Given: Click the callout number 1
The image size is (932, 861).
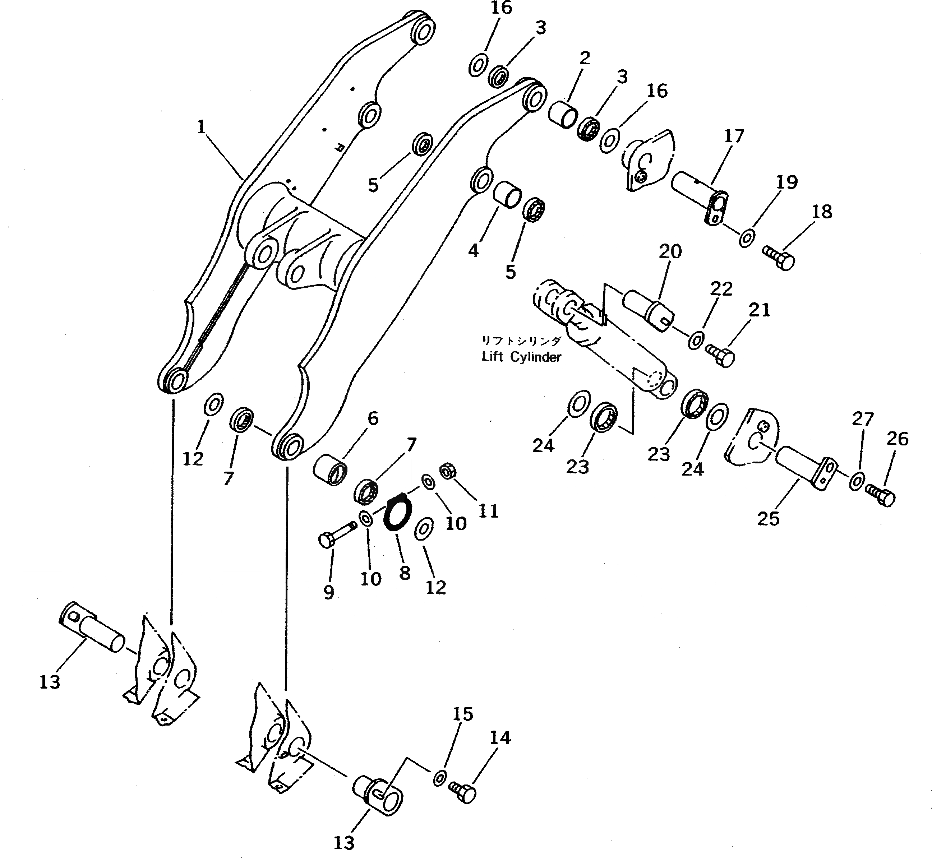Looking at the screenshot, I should [x=201, y=127].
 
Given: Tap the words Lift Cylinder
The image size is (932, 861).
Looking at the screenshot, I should [x=521, y=357].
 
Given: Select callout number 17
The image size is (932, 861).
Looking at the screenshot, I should [x=734, y=136].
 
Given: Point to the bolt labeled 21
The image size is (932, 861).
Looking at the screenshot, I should [x=720, y=357].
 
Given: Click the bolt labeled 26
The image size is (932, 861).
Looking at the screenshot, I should [x=880, y=496].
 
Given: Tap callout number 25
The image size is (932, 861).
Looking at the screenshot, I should [x=768, y=518].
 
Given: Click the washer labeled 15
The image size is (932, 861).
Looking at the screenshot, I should [x=439, y=778].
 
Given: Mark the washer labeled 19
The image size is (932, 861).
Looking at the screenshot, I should [x=747, y=238].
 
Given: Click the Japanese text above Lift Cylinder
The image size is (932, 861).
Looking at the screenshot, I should [x=521, y=341].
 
